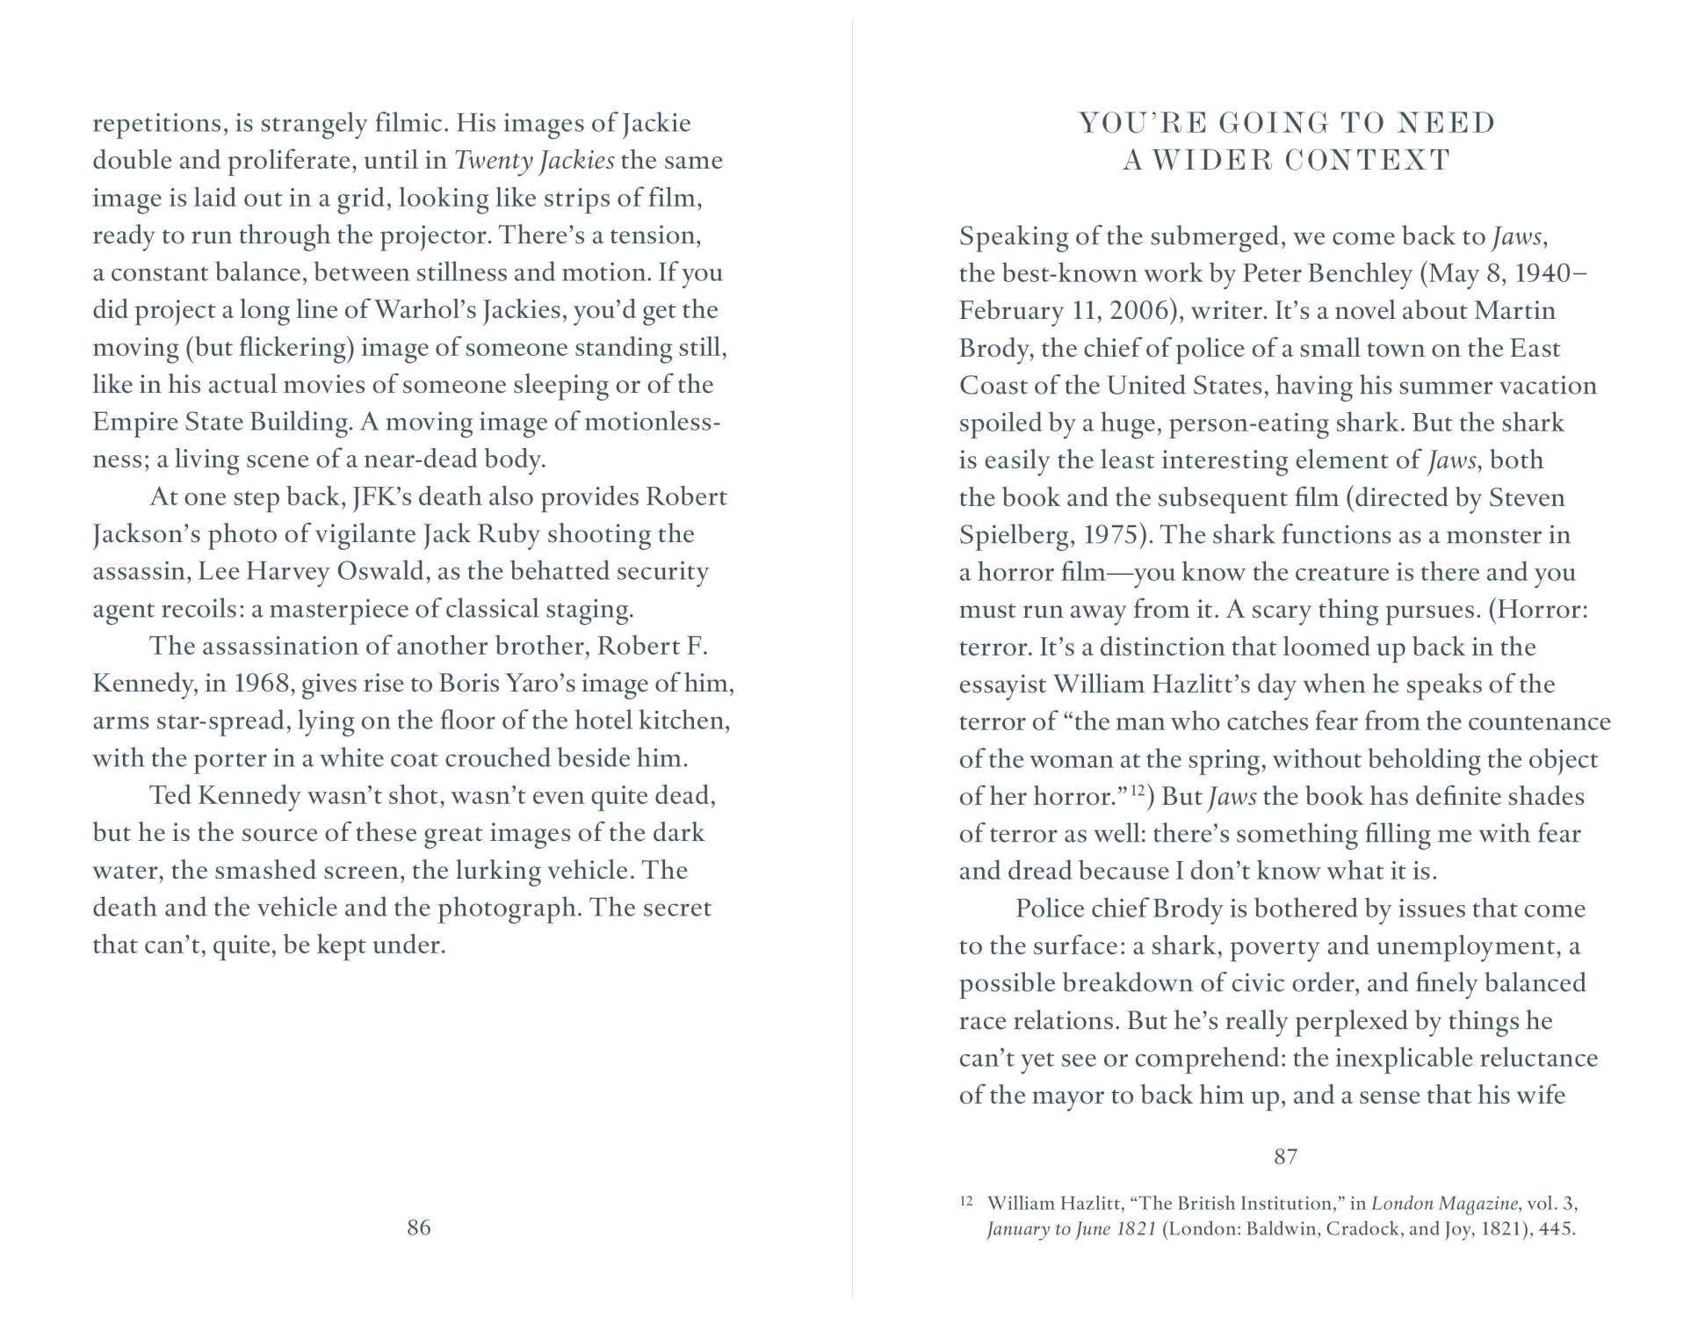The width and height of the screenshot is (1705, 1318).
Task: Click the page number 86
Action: [x=419, y=1227]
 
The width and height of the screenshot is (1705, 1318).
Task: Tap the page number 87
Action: [x=1285, y=1156]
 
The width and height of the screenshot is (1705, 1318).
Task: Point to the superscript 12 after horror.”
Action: [x=1137, y=791]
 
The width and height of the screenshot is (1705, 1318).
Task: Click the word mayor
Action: [x=1066, y=1096]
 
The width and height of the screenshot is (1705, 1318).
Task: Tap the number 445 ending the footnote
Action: [x=1557, y=1228]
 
